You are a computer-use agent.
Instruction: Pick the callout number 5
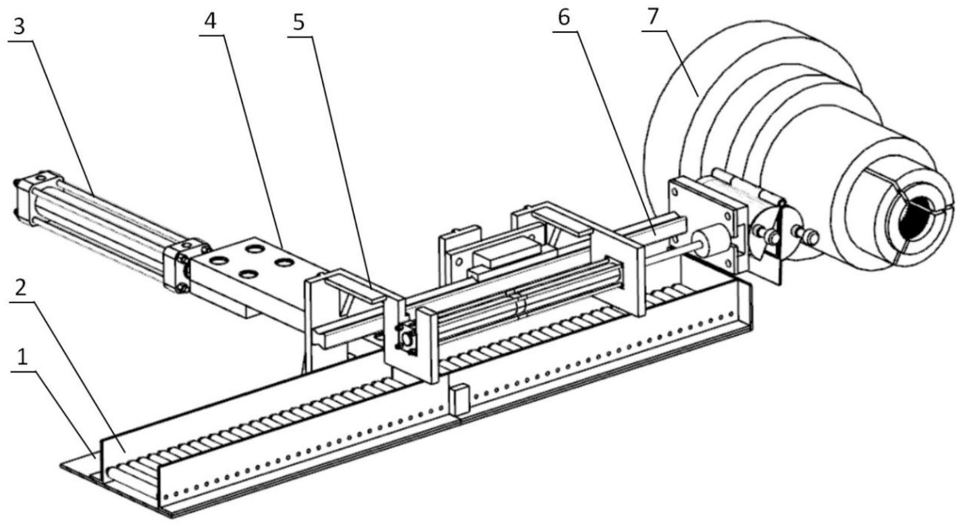tap(299, 23)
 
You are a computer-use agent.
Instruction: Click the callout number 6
tap(564, 18)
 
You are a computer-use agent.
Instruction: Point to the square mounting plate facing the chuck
tap(703, 222)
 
